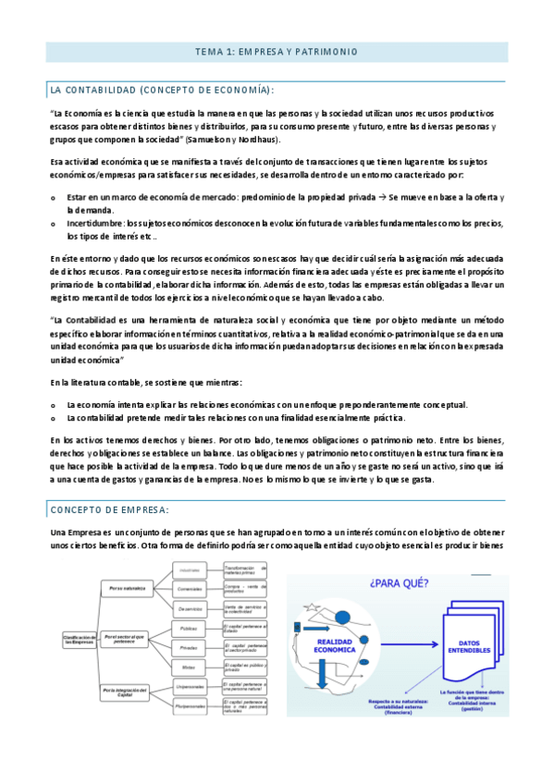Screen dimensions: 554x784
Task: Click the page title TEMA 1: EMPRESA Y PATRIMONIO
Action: [x=277, y=52]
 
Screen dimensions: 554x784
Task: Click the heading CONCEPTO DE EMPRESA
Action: [x=108, y=510]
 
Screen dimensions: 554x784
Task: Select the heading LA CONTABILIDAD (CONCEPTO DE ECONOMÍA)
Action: [x=162, y=90]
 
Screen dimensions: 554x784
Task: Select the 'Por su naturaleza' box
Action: [x=128, y=588]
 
